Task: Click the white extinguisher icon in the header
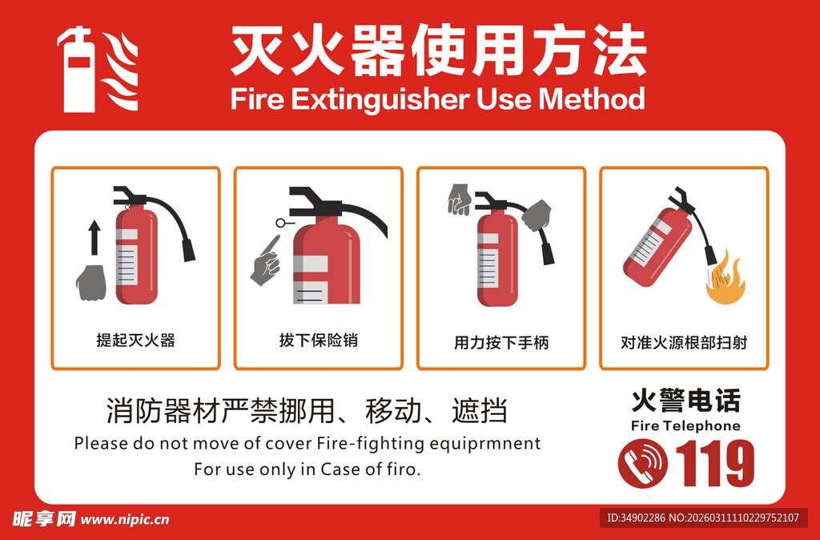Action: [78, 71]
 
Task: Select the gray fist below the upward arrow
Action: [91, 282]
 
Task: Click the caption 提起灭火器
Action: [135, 341]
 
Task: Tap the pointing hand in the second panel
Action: [265, 260]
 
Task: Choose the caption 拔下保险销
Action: [318, 341]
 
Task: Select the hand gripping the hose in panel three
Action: [537, 215]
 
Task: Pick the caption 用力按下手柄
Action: [501, 343]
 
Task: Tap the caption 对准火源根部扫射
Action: [684, 343]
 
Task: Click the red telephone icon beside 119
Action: [643, 463]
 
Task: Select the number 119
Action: [715, 464]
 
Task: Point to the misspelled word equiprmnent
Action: [496, 443]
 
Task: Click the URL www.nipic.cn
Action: [125, 519]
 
